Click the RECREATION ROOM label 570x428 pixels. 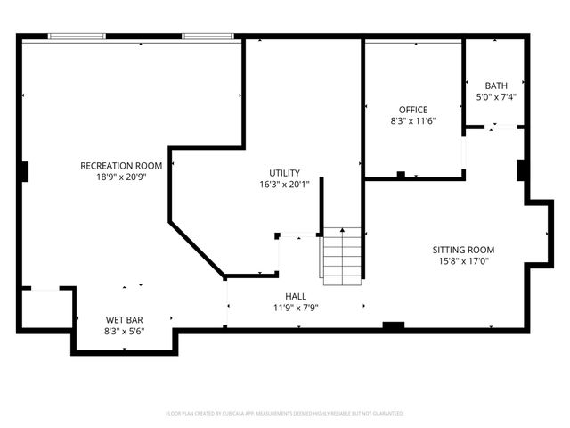(121, 166)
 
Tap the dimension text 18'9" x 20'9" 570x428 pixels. (121, 177)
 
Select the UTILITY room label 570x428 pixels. (285, 173)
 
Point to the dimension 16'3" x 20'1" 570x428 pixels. (285, 185)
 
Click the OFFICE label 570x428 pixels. (413, 110)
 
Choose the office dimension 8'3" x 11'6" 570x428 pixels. (413, 120)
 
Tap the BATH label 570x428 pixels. (496, 86)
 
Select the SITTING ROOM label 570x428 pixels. (463, 250)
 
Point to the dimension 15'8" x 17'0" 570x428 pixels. (463, 261)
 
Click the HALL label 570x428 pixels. (296, 296)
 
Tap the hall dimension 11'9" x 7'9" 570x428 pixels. (296, 308)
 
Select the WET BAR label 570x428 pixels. (125, 319)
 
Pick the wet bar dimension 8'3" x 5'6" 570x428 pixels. (125, 331)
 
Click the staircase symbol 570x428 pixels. (342, 257)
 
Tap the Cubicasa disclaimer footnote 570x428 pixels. (285, 414)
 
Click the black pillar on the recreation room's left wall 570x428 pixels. (25, 170)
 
